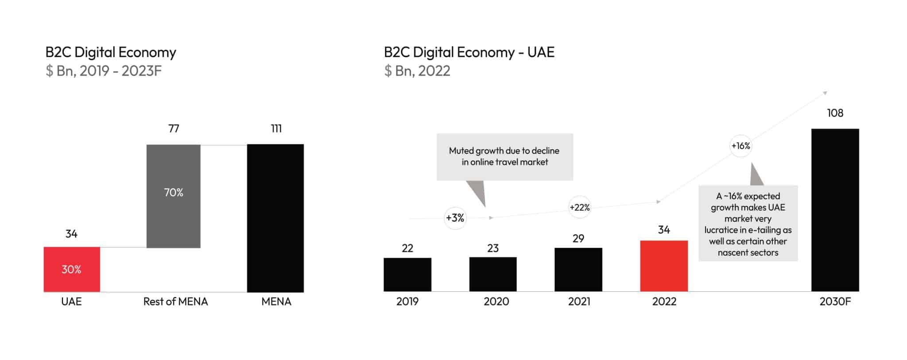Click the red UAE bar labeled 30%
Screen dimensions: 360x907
(x=72, y=269)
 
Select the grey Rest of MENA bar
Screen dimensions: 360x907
(x=173, y=196)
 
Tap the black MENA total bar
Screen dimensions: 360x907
(x=275, y=218)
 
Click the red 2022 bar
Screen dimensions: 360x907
(x=664, y=266)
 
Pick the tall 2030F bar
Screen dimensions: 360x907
(x=835, y=210)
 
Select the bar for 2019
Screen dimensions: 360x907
(x=407, y=275)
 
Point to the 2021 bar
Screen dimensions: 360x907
(x=578, y=269)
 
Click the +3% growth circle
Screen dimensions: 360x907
(x=455, y=218)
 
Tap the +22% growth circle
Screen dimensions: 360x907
(x=579, y=207)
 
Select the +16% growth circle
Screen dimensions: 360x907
(x=740, y=146)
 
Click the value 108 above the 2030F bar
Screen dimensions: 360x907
(x=835, y=113)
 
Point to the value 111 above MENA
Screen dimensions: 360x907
(x=276, y=129)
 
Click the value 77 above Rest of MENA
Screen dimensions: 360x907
(x=174, y=129)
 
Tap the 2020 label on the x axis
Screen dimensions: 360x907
(x=496, y=302)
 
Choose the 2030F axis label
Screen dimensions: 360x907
(x=835, y=302)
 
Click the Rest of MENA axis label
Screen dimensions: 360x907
(x=175, y=302)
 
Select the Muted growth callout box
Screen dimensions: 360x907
(x=504, y=157)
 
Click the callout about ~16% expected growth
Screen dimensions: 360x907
(x=748, y=224)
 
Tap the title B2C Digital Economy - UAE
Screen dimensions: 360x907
(x=469, y=52)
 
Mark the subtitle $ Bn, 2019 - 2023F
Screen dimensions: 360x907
(x=104, y=71)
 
